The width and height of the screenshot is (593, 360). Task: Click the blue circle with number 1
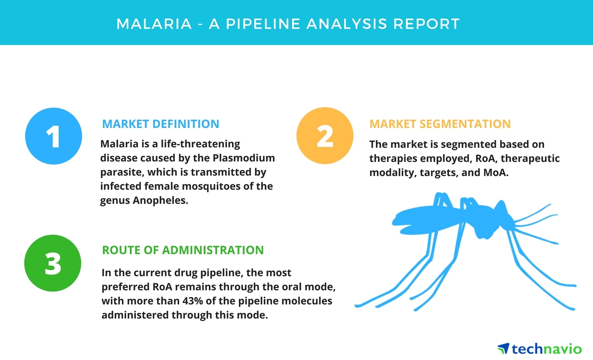[53, 136]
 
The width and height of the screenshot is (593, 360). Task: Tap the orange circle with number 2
[325, 135]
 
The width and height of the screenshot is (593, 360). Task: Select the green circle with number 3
[53, 263]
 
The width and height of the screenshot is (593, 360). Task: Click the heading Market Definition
[161, 124]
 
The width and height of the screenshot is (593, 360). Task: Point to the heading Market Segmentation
[440, 124]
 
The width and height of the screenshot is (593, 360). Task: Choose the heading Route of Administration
[183, 250]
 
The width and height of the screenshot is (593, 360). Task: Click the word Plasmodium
[244, 158]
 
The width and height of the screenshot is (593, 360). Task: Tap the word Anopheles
[161, 201]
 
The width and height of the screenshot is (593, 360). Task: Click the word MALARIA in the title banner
[154, 24]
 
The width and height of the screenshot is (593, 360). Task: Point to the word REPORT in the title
[427, 24]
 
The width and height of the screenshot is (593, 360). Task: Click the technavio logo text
[547, 349]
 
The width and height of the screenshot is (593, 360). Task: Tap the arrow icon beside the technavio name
[504, 349]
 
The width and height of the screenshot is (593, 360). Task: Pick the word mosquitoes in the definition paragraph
[211, 187]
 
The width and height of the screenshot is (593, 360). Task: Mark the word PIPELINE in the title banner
[263, 24]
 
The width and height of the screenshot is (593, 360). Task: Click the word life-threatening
[200, 144]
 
